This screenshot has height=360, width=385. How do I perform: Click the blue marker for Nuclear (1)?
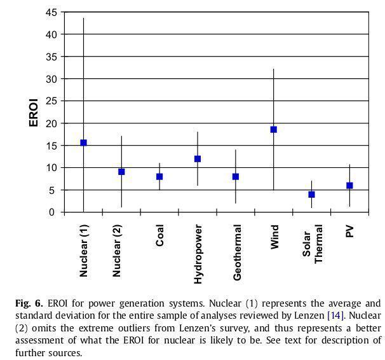coord(83,142)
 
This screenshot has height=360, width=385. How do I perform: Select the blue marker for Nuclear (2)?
coord(121,172)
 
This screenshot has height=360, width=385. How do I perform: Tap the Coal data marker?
coord(159,176)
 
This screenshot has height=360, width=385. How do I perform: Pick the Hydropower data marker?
coord(198,158)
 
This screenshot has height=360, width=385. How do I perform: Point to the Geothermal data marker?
coord(236,176)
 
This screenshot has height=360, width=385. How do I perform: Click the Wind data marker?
coord(274,129)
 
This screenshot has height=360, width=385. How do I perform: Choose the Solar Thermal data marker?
coord(312,194)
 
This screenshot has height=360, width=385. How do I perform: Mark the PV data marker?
coord(349,185)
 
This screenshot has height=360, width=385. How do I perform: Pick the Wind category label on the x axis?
coord(274,236)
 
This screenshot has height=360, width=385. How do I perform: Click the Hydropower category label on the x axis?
coord(198,254)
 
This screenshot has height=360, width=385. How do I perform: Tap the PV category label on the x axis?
coord(350,230)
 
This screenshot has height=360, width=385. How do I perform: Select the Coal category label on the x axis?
coord(160,235)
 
